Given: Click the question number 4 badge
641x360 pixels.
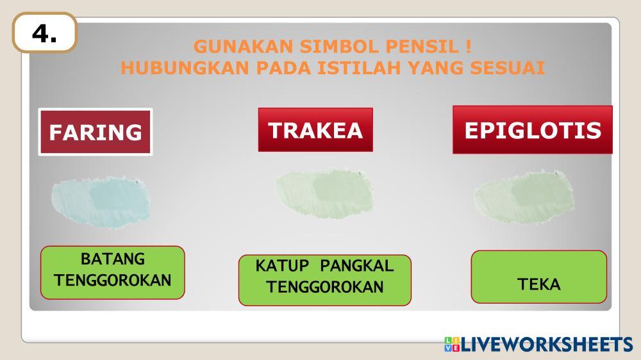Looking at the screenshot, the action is pyautogui.click(x=45, y=33).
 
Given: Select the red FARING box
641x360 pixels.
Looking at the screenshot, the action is pyautogui.click(x=96, y=131).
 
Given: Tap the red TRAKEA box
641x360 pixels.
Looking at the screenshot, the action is pyautogui.click(x=315, y=129).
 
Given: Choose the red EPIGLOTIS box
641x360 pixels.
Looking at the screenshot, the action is pyautogui.click(x=532, y=129).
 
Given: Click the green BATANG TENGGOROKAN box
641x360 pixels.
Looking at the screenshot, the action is pyautogui.click(x=112, y=272).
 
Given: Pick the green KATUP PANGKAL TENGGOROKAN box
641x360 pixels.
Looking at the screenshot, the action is pyautogui.click(x=324, y=280).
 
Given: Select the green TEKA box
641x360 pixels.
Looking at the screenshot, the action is pyautogui.click(x=539, y=277).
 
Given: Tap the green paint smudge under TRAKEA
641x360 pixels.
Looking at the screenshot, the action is pyautogui.click(x=324, y=193).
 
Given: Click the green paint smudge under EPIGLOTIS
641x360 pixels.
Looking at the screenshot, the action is pyautogui.click(x=524, y=197).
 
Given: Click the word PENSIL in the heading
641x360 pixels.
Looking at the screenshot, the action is pyautogui.click(x=422, y=46).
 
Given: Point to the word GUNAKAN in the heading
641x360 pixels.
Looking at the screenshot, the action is pyautogui.click(x=244, y=46).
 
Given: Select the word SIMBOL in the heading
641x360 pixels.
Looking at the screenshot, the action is pyautogui.click(x=340, y=46).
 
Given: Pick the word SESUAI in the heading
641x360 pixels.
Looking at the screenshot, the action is pyautogui.click(x=507, y=68).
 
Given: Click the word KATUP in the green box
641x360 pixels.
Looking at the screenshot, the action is pyautogui.click(x=282, y=266).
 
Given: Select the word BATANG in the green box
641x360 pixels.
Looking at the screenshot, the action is pyautogui.click(x=112, y=259).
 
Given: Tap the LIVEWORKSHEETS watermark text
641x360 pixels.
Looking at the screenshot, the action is pyautogui.click(x=547, y=345).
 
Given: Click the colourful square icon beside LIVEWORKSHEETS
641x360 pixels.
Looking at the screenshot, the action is pyautogui.click(x=452, y=345).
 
